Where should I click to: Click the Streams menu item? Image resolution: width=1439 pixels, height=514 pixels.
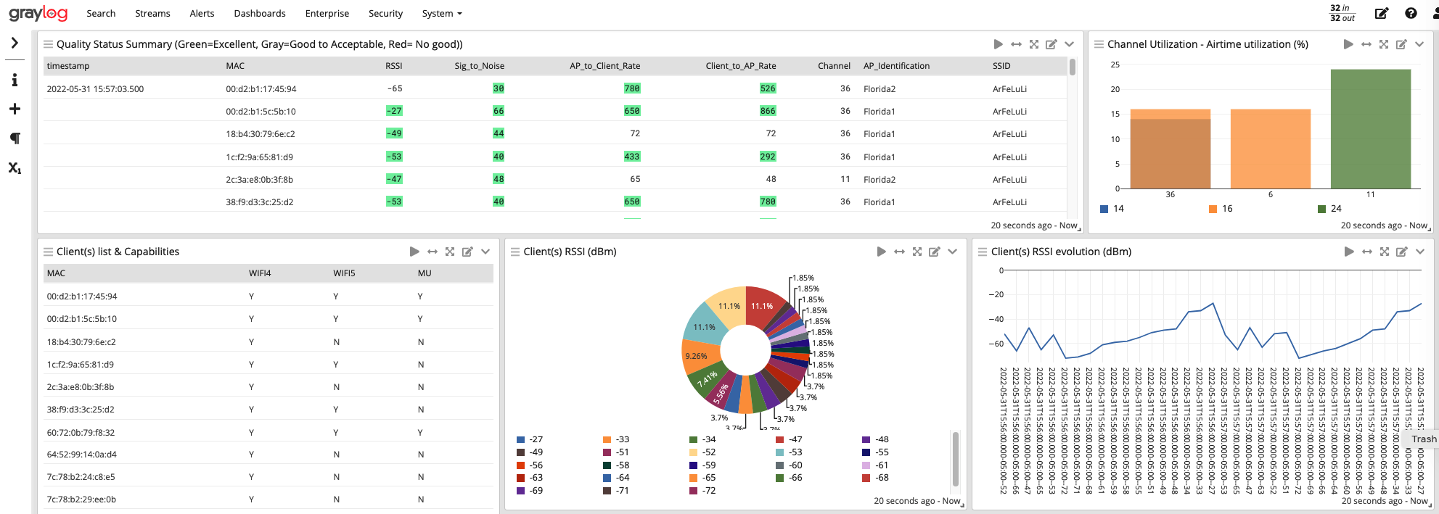tap(152, 13)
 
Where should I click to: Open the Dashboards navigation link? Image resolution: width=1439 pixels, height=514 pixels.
tap(259, 13)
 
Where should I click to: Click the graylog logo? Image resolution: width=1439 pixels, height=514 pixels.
tap(38, 13)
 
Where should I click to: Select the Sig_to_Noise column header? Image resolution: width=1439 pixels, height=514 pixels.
tap(479, 66)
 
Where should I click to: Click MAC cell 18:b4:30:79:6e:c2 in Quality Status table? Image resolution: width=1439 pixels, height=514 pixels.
tap(260, 134)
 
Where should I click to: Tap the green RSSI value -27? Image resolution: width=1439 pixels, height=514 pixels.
tap(394, 111)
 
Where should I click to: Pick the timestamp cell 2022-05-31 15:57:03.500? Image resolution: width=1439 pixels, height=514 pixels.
tap(95, 89)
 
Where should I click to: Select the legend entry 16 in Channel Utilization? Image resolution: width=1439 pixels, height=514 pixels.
tap(1226, 209)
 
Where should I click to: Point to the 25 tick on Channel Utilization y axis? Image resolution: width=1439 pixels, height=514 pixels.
tap(1115, 65)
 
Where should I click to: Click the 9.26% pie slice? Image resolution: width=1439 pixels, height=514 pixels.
tap(698, 356)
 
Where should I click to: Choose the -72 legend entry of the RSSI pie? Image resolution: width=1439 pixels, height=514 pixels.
tap(708, 491)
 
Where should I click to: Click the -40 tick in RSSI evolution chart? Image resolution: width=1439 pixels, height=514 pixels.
tap(996, 319)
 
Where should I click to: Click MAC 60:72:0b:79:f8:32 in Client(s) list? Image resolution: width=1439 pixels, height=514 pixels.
tap(81, 433)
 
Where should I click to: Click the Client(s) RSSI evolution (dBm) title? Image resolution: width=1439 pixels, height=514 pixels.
tap(1061, 252)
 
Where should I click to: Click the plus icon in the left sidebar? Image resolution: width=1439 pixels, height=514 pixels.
tap(15, 109)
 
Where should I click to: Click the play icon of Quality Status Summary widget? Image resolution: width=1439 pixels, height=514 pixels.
tap(998, 44)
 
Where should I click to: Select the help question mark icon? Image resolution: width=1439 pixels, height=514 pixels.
tap(1411, 13)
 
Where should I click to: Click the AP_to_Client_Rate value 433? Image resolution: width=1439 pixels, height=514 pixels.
tap(631, 157)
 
